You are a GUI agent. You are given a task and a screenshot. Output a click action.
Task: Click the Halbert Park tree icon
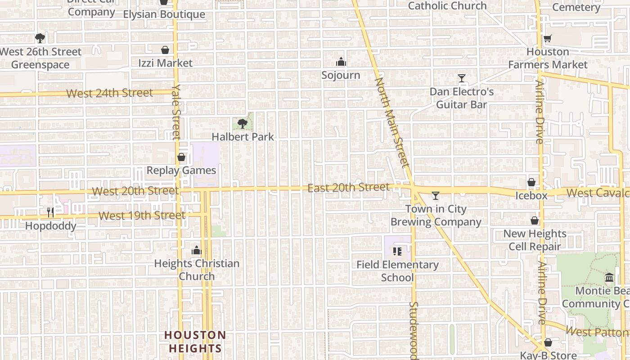point(243,123)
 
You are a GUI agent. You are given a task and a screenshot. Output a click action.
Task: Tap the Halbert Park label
point(243,136)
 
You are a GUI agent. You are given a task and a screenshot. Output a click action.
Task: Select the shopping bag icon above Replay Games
point(181,157)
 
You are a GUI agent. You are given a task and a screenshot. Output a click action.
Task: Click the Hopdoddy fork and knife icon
point(50,212)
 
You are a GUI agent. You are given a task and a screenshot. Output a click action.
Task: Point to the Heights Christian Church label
point(197,270)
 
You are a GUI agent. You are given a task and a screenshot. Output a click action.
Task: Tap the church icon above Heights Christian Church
point(196,250)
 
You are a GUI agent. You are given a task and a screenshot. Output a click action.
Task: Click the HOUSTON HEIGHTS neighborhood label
point(195,342)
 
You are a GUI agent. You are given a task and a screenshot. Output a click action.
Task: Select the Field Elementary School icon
point(397,251)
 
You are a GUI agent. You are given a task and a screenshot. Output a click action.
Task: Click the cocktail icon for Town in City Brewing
point(435,195)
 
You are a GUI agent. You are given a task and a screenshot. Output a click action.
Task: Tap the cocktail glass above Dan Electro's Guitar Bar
point(461,78)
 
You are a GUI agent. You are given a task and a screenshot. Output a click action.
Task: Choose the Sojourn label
point(341,75)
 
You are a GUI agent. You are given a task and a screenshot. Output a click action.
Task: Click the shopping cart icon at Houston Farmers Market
point(548,39)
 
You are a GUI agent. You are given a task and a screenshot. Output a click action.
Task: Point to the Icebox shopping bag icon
point(531,182)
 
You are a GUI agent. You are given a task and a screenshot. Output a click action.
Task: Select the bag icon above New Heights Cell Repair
point(535,220)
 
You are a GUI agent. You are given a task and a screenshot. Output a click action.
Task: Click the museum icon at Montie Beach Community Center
point(609,277)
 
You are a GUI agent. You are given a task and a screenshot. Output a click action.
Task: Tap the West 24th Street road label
point(110,93)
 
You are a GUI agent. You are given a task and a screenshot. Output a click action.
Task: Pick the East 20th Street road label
point(348,187)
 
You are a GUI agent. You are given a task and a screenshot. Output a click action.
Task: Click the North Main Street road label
point(392,121)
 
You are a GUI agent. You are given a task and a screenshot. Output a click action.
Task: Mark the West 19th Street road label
point(142,216)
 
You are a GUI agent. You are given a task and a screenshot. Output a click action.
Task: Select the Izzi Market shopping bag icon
point(165,49)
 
